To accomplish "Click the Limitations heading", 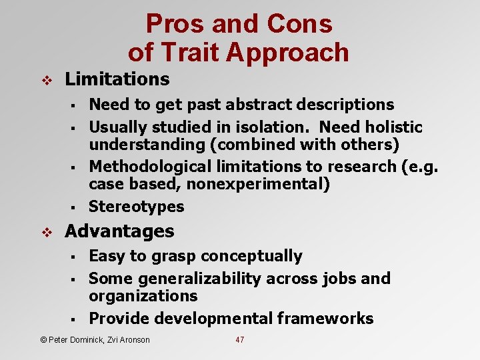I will [x=117, y=79].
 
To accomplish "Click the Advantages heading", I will [x=119, y=231].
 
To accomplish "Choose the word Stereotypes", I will [x=136, y=207].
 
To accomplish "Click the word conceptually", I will [x=251, y=256].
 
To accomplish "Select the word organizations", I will [x=143, y=296].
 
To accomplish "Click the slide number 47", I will [x=240, y=340].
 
